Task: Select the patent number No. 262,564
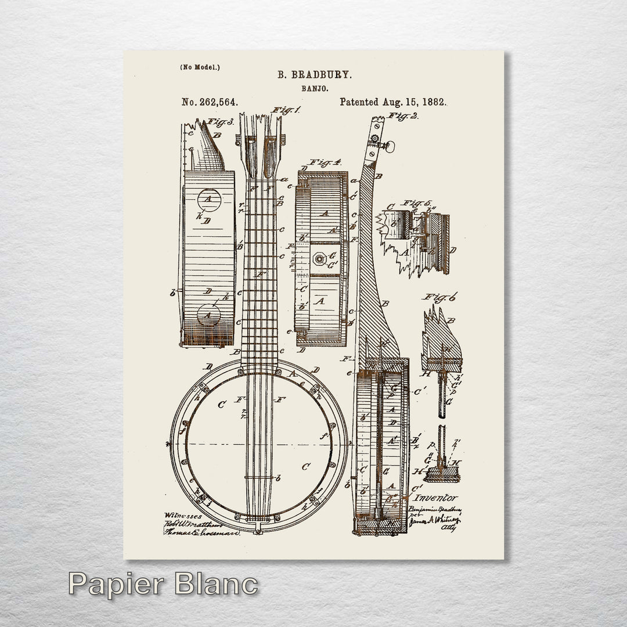[x=210, y=102]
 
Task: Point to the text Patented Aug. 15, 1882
[x=393, y=102]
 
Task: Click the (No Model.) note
[x=200, y=67]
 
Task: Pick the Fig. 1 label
[x=286, y=110]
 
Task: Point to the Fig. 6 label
[x=439, y=298]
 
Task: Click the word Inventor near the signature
[x=437, y=498]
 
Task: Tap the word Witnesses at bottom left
[x=183, y=515]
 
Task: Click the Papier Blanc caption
[x=163, y=583]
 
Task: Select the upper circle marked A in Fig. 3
[x=207, y=200]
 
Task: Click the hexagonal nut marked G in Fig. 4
[x=319, y=257]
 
